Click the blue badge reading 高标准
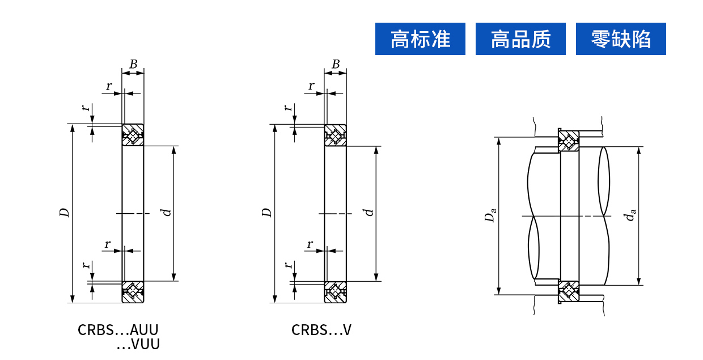pyautogui.click(x=420, y=39)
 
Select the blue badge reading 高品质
pyautogui.click(x=520, y=39)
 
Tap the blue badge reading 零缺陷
pyautogui.click(x=621, y=39)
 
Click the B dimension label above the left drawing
pyautogui.click(x=133, y=64)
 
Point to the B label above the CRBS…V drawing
pyautogui.click(x=336, y=64)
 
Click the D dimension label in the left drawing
pyautogui.click(x=65, y=213)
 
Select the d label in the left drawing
pyautogui.click(x=166, y=213)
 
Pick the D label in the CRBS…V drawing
pyautogui.click(x=267, y=213)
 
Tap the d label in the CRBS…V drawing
pyautogui.click(x=369, y=213)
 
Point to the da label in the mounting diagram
pyautogui.click(x=631, y=215)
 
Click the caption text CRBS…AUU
pyautogui.click(x=118, y=330)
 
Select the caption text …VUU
pyautogui.click(x=138, y=344)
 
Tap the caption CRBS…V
pyautogui.click(x=321, y=330)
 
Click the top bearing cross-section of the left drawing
pyautogui.click(x=133, y=135)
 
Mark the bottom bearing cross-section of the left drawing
pyautogui.click(x=133, y=291)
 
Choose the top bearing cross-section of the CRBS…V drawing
pyautogui.click(x=335, y=135)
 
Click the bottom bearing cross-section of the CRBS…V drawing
pyautogui.click(x=335, y=291)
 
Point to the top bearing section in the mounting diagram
pyautogui.click(x=569, y=141)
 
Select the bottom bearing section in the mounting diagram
pyautogui.click(x=569, y=291)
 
